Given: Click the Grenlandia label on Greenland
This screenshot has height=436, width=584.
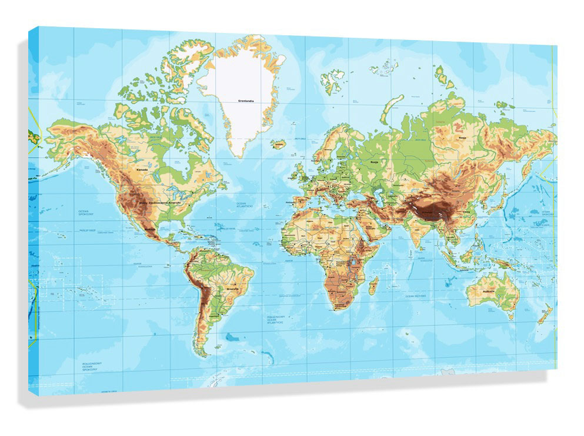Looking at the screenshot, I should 245,101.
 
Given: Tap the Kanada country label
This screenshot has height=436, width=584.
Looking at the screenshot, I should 142,169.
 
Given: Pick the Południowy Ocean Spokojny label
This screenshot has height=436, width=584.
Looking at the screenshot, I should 89,367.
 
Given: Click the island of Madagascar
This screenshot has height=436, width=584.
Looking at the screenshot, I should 373,287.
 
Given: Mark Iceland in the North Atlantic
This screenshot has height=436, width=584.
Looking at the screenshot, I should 279,144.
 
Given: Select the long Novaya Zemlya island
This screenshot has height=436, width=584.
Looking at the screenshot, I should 391,108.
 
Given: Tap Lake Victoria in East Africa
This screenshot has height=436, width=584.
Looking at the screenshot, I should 355,262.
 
